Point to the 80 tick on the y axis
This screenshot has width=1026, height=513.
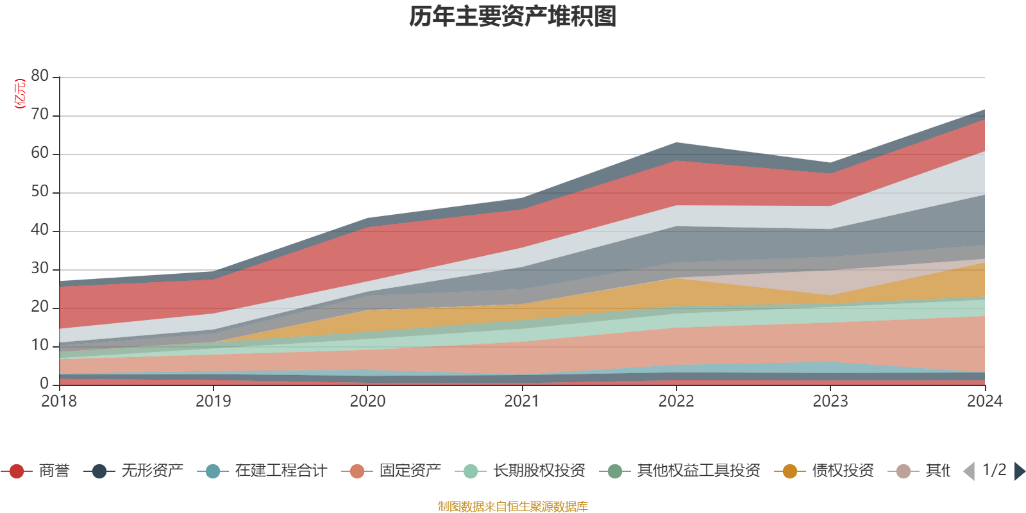(x=40, y=76)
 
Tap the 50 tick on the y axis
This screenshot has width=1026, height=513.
(x=40, y=192)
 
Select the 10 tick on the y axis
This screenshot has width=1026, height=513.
(x=40, y=346)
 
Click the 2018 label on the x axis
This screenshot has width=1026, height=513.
(x=59, y=401)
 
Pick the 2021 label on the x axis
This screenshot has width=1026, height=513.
(x=521, y=401)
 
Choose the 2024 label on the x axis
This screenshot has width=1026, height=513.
(x=984, y=401)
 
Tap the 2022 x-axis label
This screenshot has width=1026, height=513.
(x=676, y=401)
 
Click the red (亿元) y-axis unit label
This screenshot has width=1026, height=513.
(x=20, y=94)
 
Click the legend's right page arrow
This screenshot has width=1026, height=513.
(x=1019, y=471)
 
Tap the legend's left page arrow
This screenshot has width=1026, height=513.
(x=969, y=471)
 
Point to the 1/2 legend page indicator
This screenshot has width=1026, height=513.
(x=994, y=470)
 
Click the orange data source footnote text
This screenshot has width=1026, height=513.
(x=513, y=507)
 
